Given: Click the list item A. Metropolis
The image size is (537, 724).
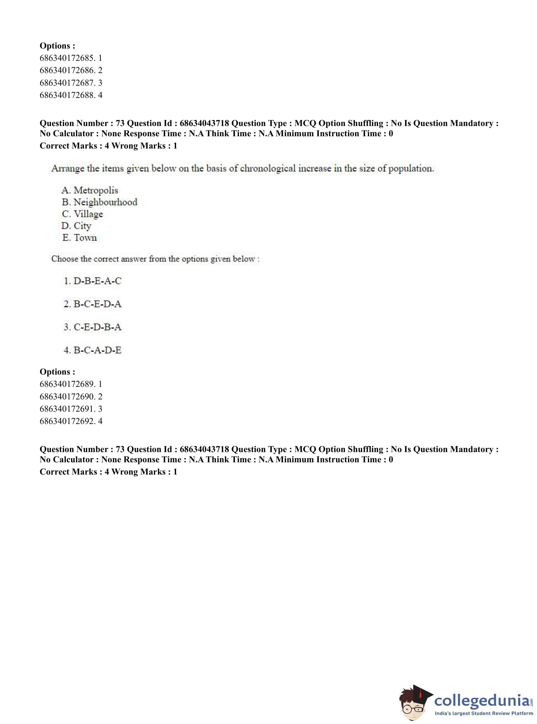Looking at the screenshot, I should pyautogui.click(x=90, y=190).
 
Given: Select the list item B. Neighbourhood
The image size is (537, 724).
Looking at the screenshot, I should pyautogui.click(x=99, y=202).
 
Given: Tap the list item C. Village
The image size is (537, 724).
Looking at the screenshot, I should pyautogui.click(x=82, y=214).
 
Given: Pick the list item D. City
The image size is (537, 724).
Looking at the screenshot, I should pyautogui.click(x=76, y=225).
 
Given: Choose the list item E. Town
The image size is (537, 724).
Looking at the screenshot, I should pyautogui.click(x=80, y=237).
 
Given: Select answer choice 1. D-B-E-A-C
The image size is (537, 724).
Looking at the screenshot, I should pyautogui.click(x=93, y=281).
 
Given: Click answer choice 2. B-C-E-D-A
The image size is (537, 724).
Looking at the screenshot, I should pyautogui.click(x=93, y=304).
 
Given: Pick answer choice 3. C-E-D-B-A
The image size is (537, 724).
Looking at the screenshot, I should pyautogui.click(x=93, y=327).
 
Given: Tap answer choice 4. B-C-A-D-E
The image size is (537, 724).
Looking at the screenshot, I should pyautogui.click(x=93, y=350).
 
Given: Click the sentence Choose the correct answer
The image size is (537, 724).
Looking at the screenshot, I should pyautogui.click(x=155, y=259).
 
